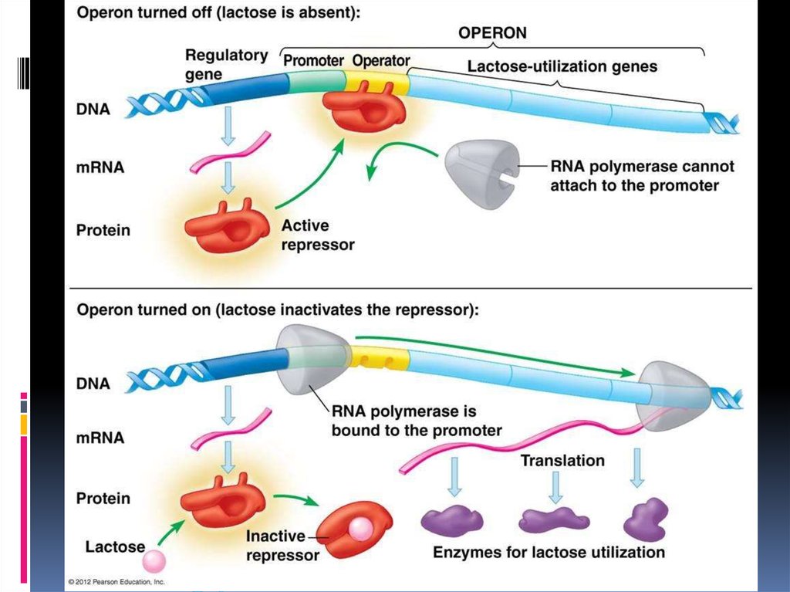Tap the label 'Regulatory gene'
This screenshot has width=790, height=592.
tap(226, 65)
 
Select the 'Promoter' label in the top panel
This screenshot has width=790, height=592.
tap(313, 60)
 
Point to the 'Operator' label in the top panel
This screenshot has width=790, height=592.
tap(381, 60)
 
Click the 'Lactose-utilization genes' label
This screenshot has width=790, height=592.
tap(562, 66)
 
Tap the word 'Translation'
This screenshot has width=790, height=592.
tap(562, 461)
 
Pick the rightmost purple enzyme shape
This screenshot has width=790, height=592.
tap(647, 519)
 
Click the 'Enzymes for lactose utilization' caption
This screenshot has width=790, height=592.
tap(549, 553)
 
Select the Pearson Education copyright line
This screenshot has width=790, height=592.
tap(116, 581)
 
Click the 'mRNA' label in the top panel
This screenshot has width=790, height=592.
tap(100, 166)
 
